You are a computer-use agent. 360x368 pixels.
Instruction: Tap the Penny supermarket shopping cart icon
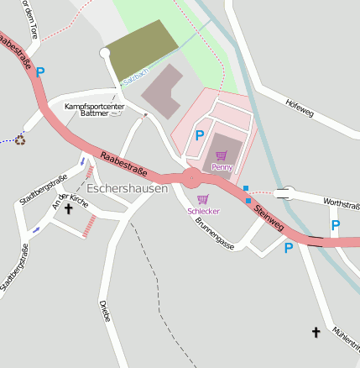tap(222, 155)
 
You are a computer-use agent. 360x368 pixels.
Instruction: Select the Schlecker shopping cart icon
tap(202, 199)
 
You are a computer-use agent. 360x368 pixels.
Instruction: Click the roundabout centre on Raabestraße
tap(191, 177)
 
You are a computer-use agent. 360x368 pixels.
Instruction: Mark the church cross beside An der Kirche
tap(68, 208)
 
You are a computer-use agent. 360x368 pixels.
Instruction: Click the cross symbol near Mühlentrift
tap(316, 333)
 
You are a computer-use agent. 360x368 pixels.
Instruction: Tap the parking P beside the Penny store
tap(200, 134)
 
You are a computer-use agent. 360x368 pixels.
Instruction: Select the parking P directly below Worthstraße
tap(336, 225)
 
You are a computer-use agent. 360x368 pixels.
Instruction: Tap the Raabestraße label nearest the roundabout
tap(123, 163)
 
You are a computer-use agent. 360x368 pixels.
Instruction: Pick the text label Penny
tap(222, 167)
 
